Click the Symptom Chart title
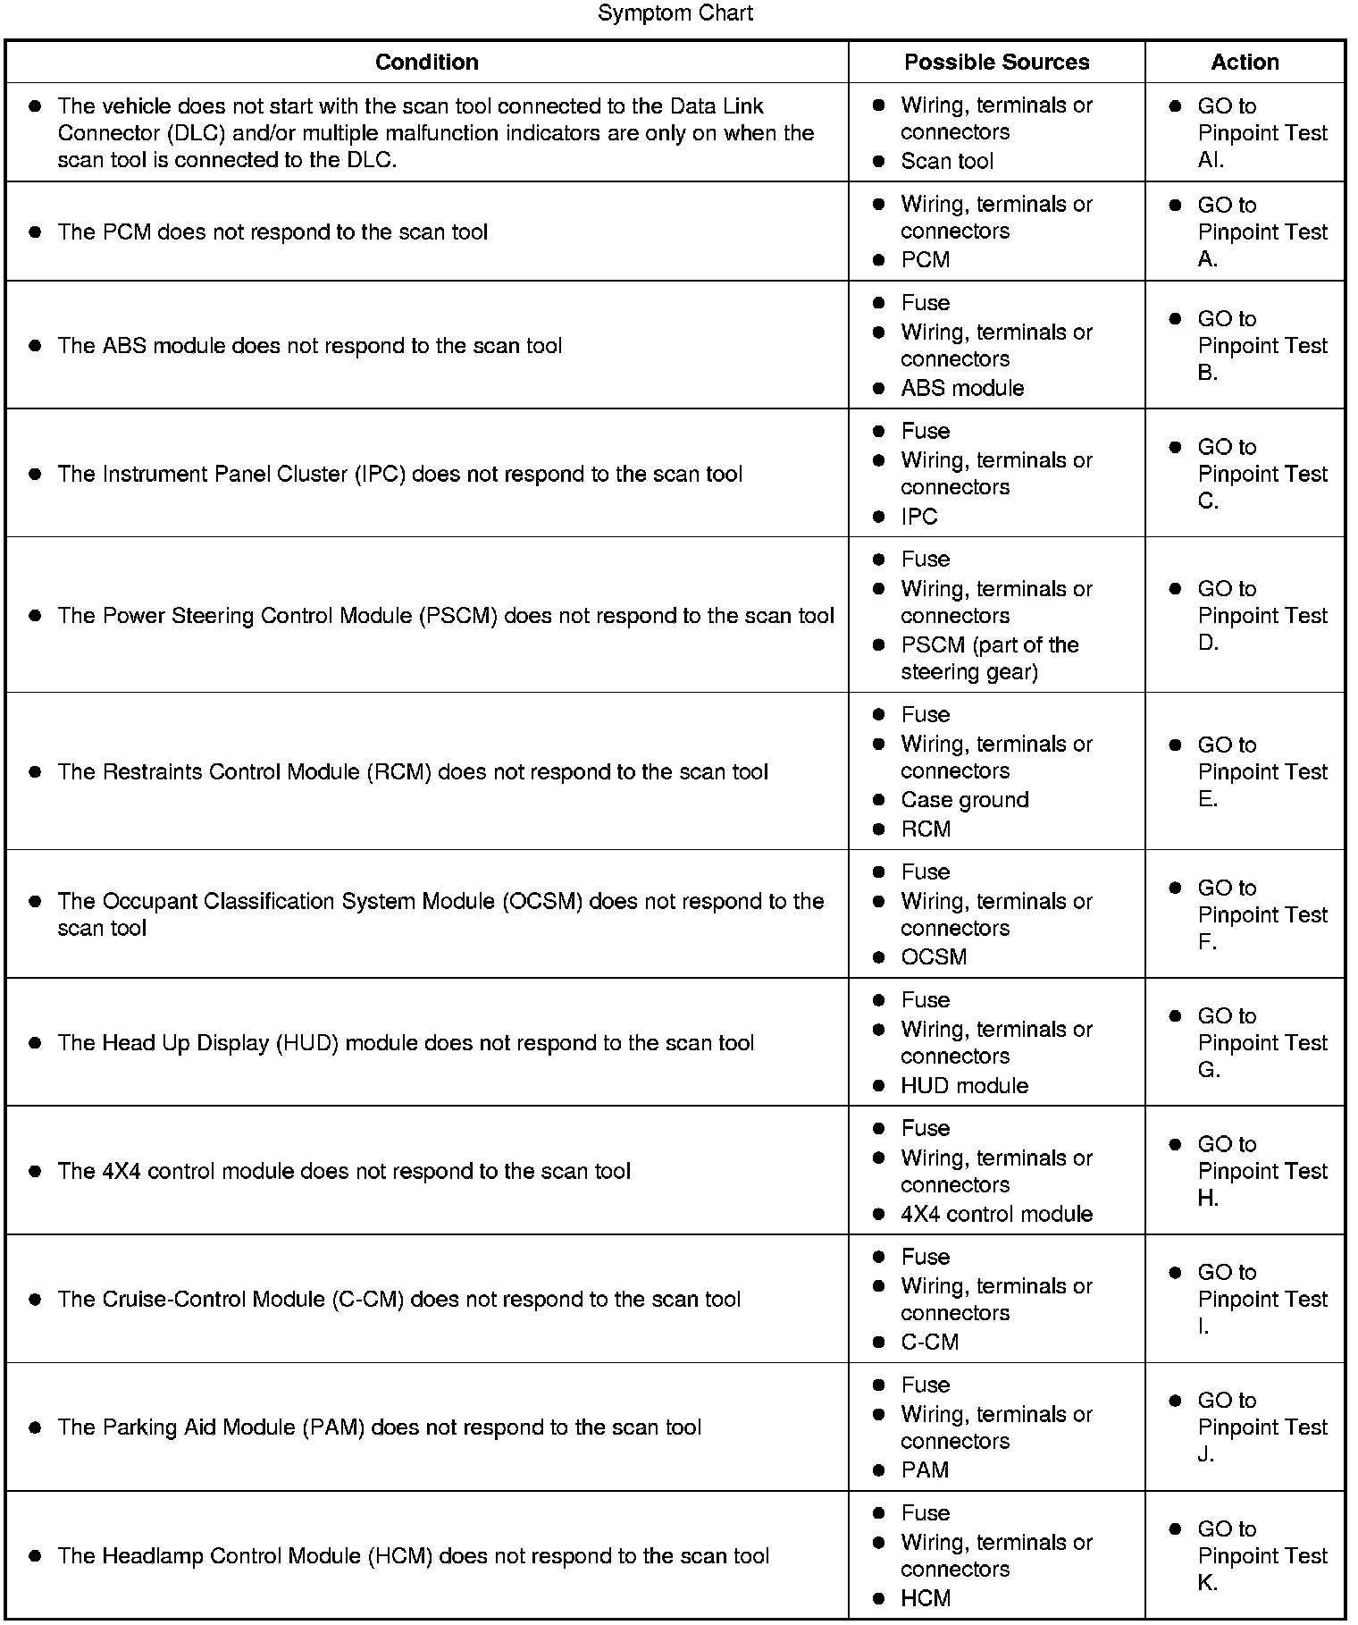pyautogui.click(x=675, y=13)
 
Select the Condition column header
pyautogui.click(x=426, y=62)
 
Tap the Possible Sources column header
pyautogui.click(x=996, y=62)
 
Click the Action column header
pyautogui.click(x=1245, y=62)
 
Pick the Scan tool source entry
pyautogui.click(x=946, y=161)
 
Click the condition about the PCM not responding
pyautogui.click(x=272, y=232)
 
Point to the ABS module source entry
pyautogui.click(x=962, y=388)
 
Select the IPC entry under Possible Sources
pyautogui.click(x=919, y=517)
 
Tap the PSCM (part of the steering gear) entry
pyautogui.click(x=989, y=658)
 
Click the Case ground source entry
pyautogui.click(x=964, y=800)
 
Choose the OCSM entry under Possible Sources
pyautogui.click(x=934, y=956)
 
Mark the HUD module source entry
pyautogui.click(x=964, y=1085)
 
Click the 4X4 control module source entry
pyautogui.click(x=996, y=1214)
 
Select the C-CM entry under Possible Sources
pyautogui.click(x=929, y=1342)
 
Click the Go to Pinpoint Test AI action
pyautogui.click(x=1262, y=132)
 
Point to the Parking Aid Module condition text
pyautogui.click(x=379, y=1427)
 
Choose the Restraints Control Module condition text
pyautogui.click(x=413, y=772)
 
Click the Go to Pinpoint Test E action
pyautogui.click(x=1262, y=771)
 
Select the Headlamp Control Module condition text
pyautogui.click(x=413, y=1556)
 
